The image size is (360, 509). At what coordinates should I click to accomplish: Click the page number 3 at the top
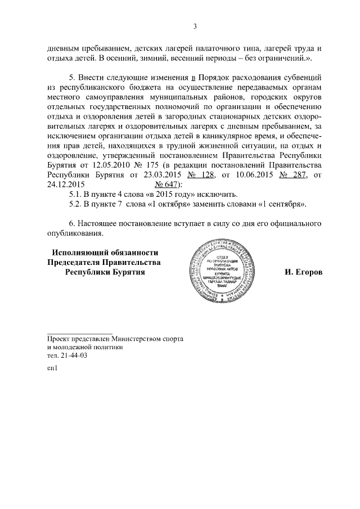click(x=194, y=26)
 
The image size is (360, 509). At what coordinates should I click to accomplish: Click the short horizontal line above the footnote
click(x=79, y=333)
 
